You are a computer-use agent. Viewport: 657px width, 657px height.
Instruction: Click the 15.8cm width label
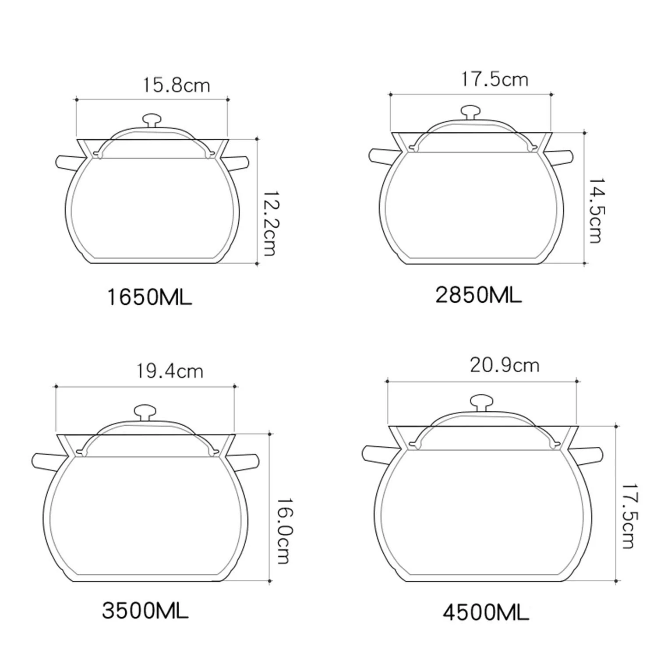tap(177, 85)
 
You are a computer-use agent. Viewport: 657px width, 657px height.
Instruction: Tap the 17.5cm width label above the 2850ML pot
tap(495, 79)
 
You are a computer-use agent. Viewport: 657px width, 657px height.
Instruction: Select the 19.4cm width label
tap(170, 371)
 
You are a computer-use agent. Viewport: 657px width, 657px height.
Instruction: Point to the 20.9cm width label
tap(505, 365)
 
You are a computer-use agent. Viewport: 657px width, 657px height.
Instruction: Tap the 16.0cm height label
tap(283, 530)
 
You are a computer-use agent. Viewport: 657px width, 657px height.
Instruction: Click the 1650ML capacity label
tap(149, 298)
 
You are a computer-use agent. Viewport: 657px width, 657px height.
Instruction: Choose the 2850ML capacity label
tap(478, 295)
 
